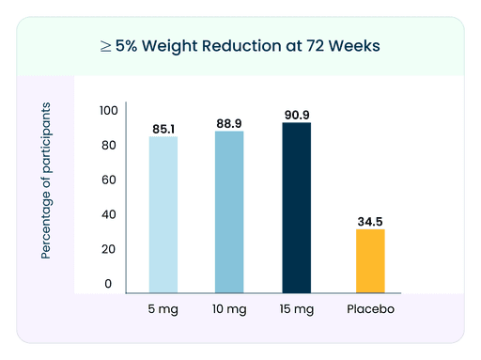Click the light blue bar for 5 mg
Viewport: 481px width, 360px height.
point(163,214)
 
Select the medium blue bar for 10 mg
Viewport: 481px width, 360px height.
point(229,211)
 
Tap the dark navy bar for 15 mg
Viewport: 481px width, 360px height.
point(296,208)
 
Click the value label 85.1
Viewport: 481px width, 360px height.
point(163,128)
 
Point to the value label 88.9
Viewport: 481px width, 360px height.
point(229,122)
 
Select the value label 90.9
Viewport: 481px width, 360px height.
point(296,115)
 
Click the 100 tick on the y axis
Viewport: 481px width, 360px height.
point(109,111)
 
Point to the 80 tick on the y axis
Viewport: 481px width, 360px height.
point(109,146)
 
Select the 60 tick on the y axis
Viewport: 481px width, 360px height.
point(109,180)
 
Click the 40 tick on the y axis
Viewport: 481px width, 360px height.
point(109,214)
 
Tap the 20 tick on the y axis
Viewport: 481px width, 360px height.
point(109,249)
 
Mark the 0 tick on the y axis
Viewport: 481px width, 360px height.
point(109,283)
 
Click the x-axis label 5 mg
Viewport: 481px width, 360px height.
point(163,308)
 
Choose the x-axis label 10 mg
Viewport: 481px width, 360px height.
point(229,308)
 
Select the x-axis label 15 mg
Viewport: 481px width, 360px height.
point(296,308)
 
